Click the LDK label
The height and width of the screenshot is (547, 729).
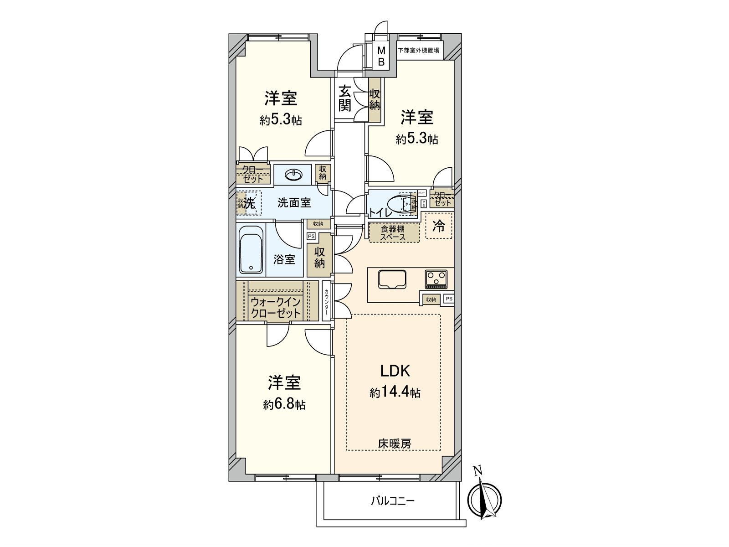(x=395, y=371)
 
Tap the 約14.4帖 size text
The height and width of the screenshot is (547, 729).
(x=395, y=392)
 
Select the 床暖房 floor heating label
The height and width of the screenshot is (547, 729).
(x=394, y=443)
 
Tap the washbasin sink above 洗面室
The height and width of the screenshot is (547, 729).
(x=293, y=175)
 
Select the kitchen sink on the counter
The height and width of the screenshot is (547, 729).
(x=392, y=279)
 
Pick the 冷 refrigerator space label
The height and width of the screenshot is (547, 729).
(x=439, y=226)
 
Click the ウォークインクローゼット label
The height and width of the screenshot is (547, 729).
(x=275, y=307)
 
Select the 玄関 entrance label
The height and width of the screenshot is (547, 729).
(x=344, y=98)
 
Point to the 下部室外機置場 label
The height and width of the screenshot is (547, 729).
(x=418, y=51)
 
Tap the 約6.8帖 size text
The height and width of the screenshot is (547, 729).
(x=284, y=404)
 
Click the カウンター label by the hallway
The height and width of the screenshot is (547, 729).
(x=327, y=302)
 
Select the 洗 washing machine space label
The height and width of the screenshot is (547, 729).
(x=249, y=203)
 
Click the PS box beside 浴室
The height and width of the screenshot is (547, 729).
(x=311, y=236)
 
